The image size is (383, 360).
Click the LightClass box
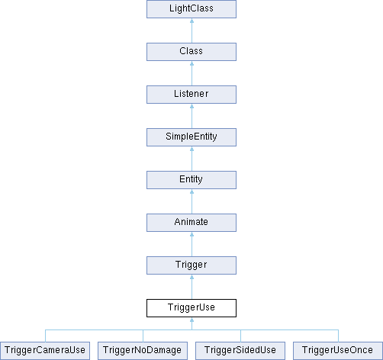point(191,9)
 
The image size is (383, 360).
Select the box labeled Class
point(191,52)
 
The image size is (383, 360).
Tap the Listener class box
point(191,95)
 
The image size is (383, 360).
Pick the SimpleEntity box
point(191,137)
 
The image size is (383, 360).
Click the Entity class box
point(191,180)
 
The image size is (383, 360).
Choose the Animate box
point(191,223)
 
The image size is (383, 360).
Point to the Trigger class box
point(191,265)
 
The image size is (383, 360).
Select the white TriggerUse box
point(191,308)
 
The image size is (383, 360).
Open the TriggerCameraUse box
point(45,351)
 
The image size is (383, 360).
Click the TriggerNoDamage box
point(143,351)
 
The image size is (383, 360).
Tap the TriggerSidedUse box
point(240,351)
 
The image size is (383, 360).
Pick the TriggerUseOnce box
point(338,351)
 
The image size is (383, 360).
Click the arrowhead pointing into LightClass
point(191,21)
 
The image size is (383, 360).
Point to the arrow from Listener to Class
point(191,73)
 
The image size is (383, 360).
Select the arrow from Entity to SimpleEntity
point(191,159)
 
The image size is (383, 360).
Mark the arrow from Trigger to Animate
point(191,244)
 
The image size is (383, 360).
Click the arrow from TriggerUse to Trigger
point(191,287)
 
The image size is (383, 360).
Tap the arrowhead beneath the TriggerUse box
point(191,320)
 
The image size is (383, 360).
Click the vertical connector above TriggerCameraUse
point(45,336)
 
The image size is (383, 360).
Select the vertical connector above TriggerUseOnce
point(338,336)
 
